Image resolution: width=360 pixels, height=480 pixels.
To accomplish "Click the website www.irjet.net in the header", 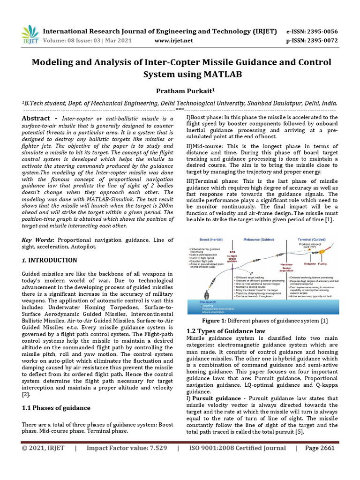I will [x=173, y=41].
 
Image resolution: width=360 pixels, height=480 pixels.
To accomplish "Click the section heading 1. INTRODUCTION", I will [x=50, y=260].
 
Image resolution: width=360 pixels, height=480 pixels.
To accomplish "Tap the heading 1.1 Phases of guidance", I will [x=56, y=408].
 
